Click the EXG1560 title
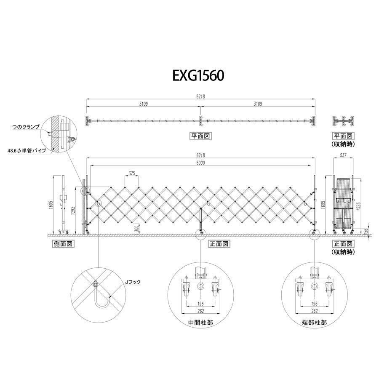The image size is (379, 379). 198,75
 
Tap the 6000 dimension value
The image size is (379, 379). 200,163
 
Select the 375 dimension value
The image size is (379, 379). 132,173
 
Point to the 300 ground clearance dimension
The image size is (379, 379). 137,229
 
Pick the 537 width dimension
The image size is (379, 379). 343,155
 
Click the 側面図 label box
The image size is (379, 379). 63,244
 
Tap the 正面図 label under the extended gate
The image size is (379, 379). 219,244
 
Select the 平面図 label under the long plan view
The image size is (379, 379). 200,136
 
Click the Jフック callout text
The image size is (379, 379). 133,282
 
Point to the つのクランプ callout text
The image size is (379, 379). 25,127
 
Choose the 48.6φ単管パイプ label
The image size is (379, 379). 27,151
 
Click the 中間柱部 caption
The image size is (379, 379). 200,322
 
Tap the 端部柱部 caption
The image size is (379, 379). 314,322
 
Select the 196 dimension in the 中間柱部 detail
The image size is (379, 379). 200,304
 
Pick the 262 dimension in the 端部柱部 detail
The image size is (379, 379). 314,311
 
